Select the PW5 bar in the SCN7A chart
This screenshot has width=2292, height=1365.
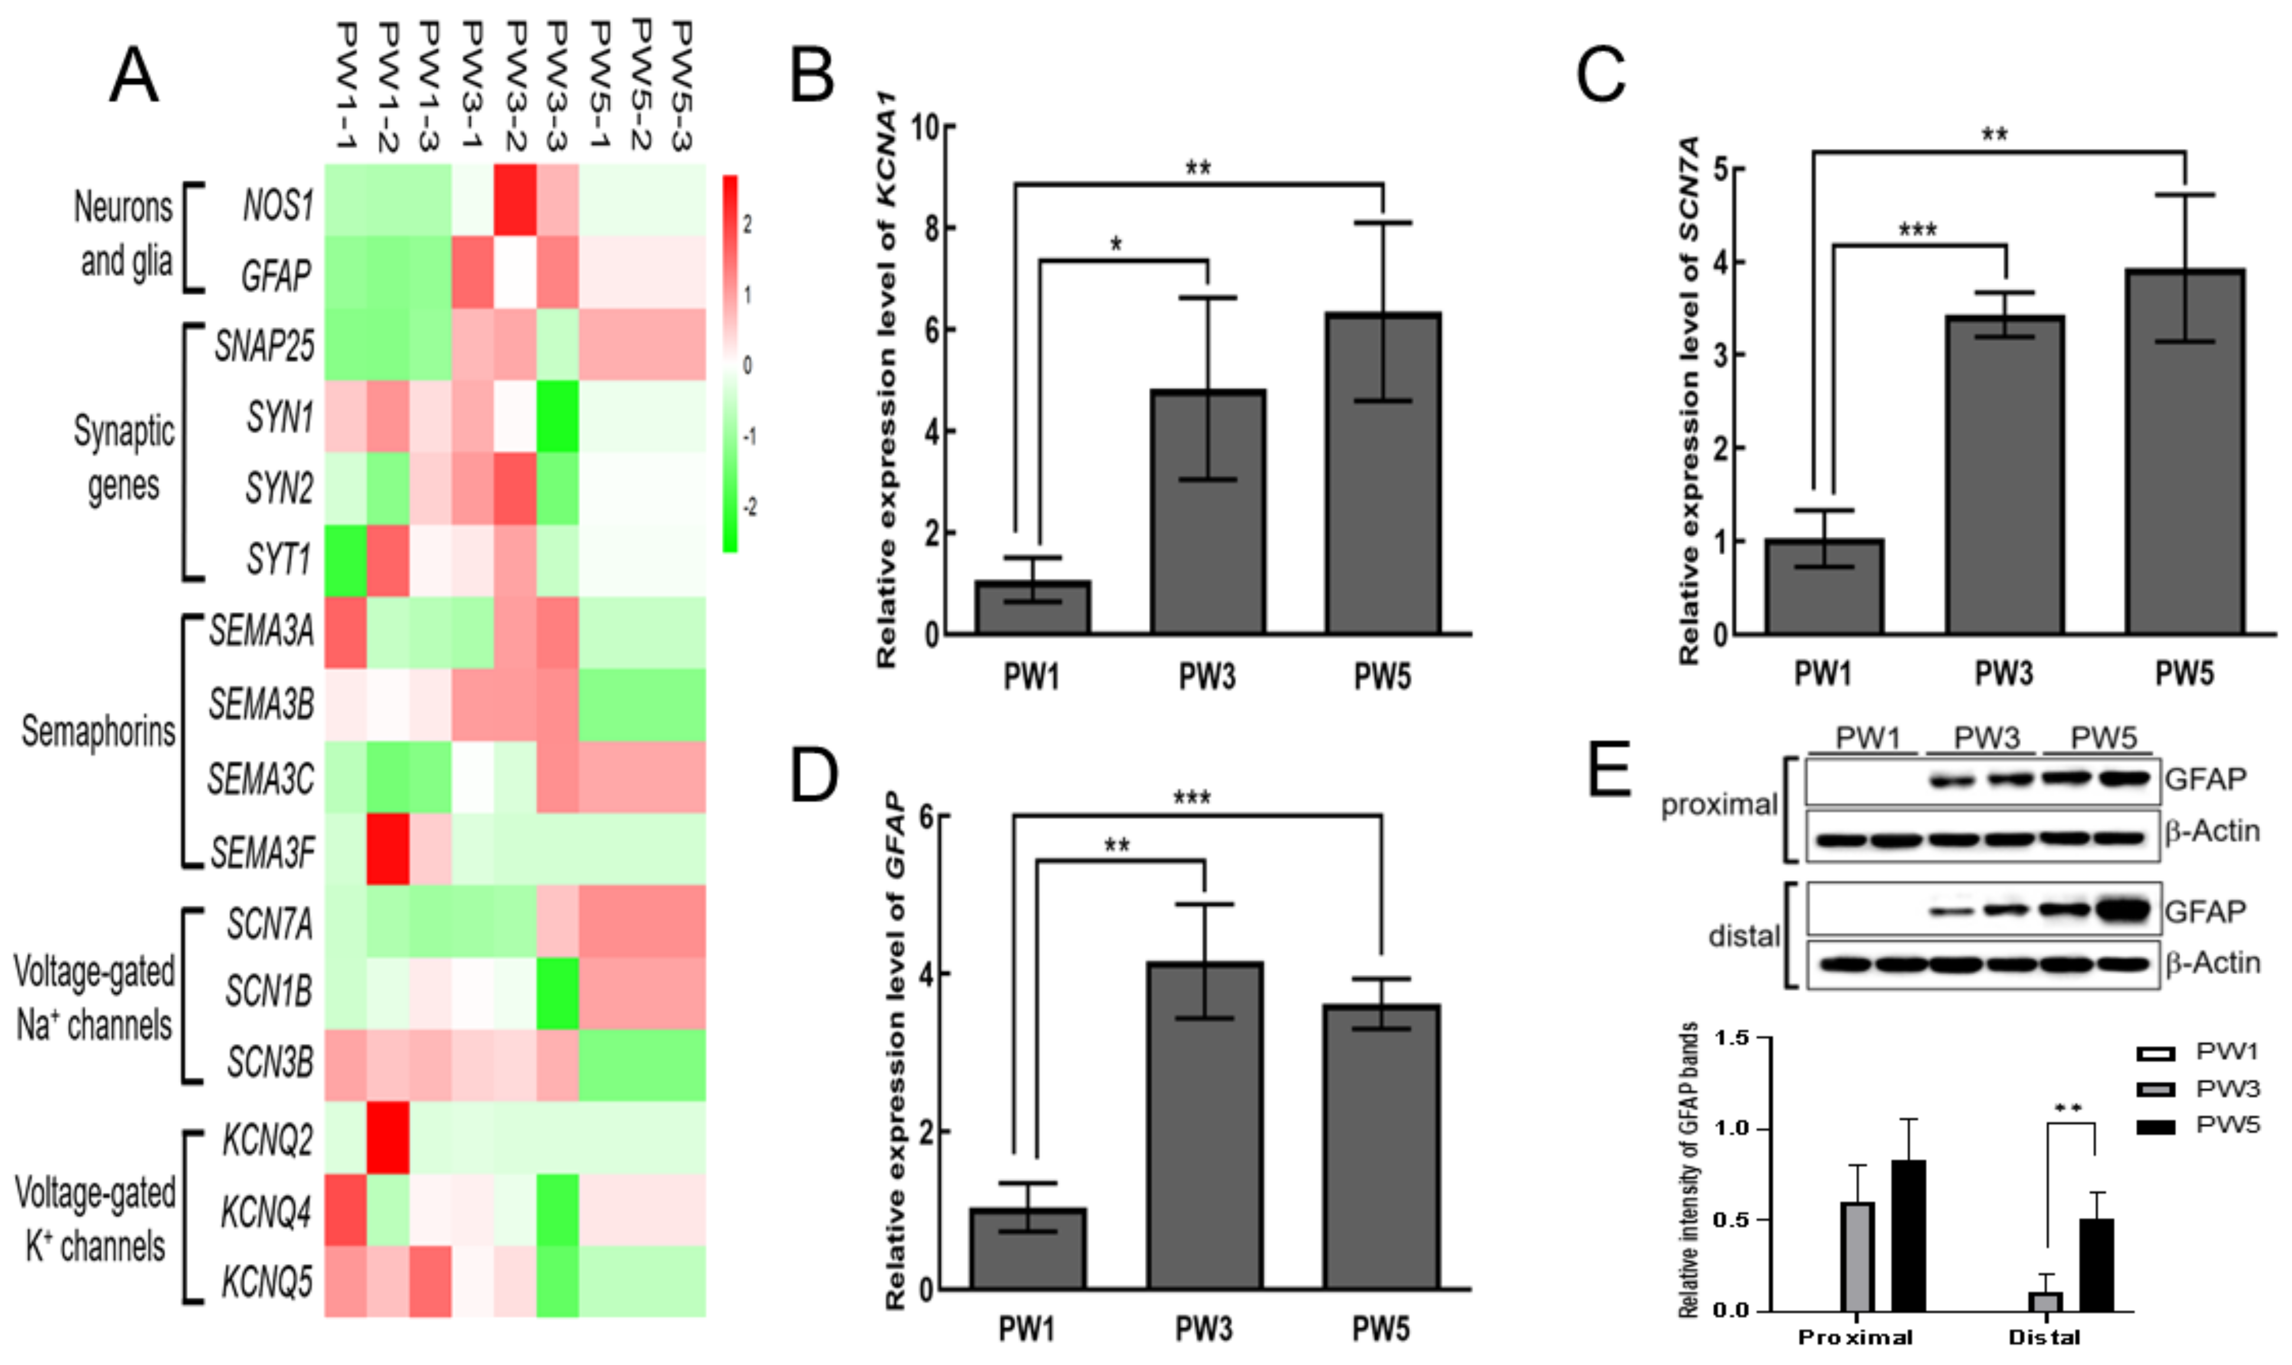click(x=2184, y=450)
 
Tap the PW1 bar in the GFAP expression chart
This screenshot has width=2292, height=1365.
click(x=1028, y=1248)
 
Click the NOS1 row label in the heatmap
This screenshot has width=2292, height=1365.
click(x=277, y=204)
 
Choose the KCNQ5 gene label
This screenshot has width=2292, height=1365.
click(x=267, y=1281)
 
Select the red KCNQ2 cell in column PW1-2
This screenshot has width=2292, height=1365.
click(x=388, y=1138)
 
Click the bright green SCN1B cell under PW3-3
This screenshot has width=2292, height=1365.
click(x=558, y=992)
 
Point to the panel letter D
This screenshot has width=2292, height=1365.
click(x=813, y=775)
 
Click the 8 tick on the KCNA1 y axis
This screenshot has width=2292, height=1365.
click(x=931, y=228)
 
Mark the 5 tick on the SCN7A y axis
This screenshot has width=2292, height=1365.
click(x=1727, y=169)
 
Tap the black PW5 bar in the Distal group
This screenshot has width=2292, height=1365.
click(x=2096, y=1264)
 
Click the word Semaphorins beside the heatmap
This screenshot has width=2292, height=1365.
click(x=99, y=732)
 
